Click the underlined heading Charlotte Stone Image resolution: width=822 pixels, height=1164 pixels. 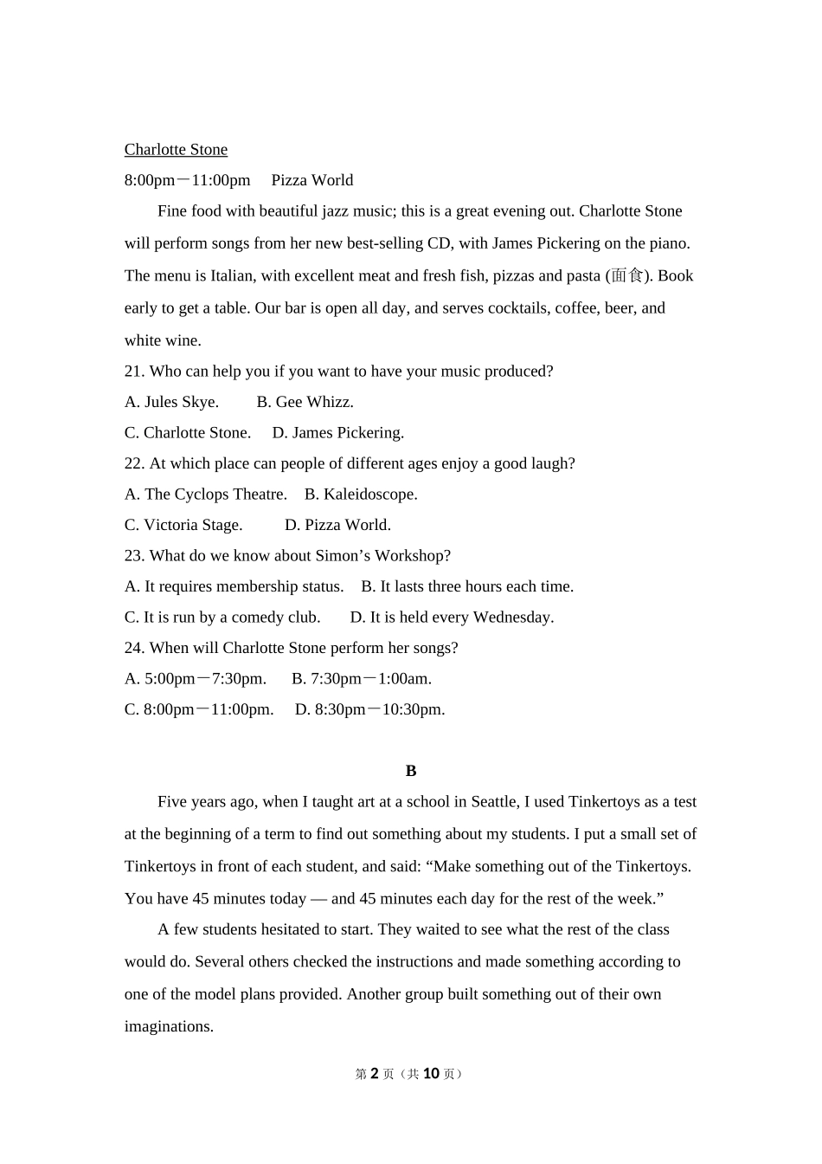pyautogui.click(x=176, y=150)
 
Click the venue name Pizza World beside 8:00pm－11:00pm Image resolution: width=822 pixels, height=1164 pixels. pyautogui.click(x=311, y=180)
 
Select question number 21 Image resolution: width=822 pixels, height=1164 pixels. pyautogui.click(x=133, y=372)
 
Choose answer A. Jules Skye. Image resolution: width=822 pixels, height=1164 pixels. pyautogui.click(x=171, y=402)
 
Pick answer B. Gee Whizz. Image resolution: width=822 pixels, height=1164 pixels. pyautogui.click(x=305, y=402)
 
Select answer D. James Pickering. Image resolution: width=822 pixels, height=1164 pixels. pyautogui.click(x=337, y=433)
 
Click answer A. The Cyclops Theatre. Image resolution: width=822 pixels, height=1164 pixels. pyautogui.click(x=205, y=495)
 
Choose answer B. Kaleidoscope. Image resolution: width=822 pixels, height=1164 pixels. pyautogui.click(x=361, y=495)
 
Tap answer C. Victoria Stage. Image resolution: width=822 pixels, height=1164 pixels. pyautogui.click(x=183, y=525)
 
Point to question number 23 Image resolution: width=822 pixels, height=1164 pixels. pyautogui.click(x=133, y=556)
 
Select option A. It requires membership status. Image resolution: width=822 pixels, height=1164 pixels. pyautogui.click(x=234, y=586)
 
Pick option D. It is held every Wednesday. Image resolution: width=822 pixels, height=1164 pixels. pyautogui.click(x=452, y=618)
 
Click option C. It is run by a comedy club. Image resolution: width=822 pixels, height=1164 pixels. pyautogui.click(x=222, y=618)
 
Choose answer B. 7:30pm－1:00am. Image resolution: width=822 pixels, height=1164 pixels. pyautogui.click(x=362, y=679)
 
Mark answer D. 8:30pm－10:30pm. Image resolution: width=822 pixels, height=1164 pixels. pyautogui.click(x=370, y=709)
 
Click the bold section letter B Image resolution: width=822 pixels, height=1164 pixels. pyautogui.click(x=411, y=771)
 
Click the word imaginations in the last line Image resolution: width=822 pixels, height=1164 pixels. pyautogui.click(x=169, y=1026)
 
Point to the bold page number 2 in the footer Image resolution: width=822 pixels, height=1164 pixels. pyautogui.click(x=375, y=1074)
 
